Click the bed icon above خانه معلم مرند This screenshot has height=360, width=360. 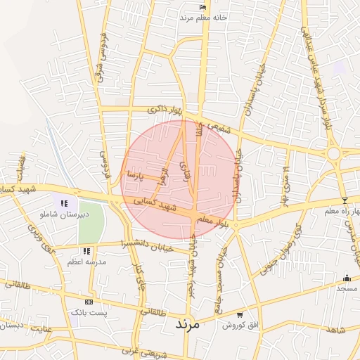tap(204, 7)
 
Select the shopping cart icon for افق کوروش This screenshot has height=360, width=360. tap(240, 315)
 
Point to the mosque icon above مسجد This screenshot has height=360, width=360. tap(346, 278)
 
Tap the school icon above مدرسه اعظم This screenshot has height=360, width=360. tap(86, 251)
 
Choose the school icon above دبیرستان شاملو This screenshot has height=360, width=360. tap(64, 203)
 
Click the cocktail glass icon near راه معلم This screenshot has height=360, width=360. tap(344, 201)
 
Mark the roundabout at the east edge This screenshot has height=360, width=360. tap(333, 153)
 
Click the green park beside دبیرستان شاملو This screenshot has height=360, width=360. tap(91, 222)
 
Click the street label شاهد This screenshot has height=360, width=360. tap(336, 330)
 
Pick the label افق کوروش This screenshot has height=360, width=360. tap(240, 326)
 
